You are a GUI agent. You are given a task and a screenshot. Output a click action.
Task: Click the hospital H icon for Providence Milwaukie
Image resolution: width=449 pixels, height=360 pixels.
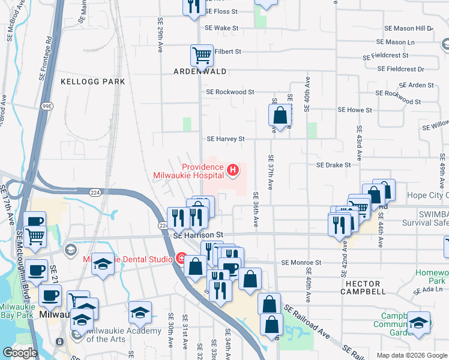[x=232, y=171]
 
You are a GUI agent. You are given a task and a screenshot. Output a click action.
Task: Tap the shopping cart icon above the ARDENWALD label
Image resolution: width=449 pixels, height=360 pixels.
[x=202, y=55]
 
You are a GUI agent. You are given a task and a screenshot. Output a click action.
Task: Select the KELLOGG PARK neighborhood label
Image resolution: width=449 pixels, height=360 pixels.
[x=93, y=81]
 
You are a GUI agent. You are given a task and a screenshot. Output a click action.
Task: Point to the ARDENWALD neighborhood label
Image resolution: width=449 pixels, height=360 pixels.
[x=200, y=71]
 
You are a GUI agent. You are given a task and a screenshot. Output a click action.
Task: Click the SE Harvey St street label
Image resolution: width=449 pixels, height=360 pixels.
[x=226, y=139]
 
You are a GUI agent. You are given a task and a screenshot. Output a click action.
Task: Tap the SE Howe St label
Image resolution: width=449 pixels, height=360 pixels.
[x=355, y=110]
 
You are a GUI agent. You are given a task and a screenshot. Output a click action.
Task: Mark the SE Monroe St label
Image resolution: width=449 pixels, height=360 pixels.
[x=301, y=263]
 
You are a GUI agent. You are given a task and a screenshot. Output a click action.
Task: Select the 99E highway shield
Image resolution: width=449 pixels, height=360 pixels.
[x=47, y=106]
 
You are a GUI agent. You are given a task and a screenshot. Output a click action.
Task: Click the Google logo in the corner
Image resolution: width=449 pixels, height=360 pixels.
[x=20, y=353]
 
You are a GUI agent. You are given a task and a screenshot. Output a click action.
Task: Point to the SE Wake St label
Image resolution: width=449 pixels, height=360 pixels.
[x=221, y=28]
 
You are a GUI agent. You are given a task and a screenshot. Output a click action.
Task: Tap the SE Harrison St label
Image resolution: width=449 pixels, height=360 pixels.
[x=198, y=235]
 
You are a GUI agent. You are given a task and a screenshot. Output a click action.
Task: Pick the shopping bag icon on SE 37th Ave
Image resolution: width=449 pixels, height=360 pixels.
[x=280, y=115]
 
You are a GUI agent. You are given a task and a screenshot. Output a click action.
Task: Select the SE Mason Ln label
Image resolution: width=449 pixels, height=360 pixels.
[x=395, y=42]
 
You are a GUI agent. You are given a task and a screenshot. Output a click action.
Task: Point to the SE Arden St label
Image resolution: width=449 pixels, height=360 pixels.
[x=413, y=85]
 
